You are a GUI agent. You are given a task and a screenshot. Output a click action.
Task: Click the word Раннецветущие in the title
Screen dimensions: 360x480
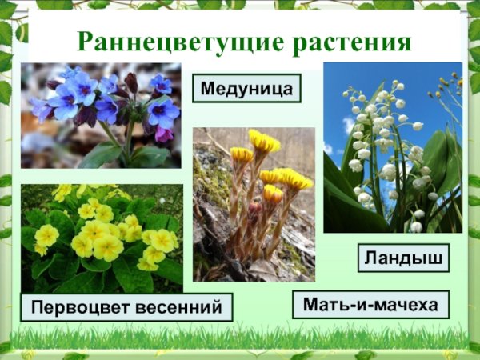click(163, 42)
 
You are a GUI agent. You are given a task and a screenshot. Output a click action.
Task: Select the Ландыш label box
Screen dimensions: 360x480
click(402, 258)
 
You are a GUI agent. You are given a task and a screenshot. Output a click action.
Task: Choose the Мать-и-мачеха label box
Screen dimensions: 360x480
click(370, 305)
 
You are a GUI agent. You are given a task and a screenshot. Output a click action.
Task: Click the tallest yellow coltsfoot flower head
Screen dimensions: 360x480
click(264, 142)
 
